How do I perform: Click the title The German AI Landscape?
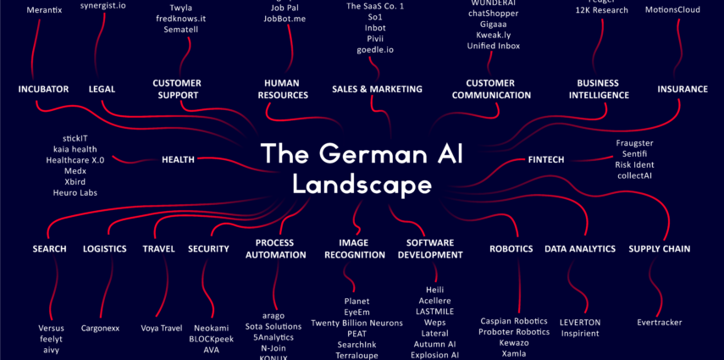click(x=362, y=168)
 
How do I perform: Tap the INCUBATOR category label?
click(x=43, y=89)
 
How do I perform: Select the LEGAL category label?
click(x=102, y=89)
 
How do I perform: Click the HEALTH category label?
click(x=178, y=159)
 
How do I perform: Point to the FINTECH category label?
click(x=545, y=159)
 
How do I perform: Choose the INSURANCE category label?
click(x=683, y=89)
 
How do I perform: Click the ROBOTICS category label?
click(x=511, y=249)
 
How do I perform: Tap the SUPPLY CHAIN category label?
click(x=660, y=249)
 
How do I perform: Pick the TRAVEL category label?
click(x=158, y=249)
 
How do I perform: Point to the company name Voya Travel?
click(x=162, y=328)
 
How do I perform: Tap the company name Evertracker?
click(x=660, y=323)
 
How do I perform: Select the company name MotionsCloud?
click(x=672, y=10)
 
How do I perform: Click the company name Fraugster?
click(x=634, y=143)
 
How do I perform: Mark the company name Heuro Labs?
click(x=75, y=192)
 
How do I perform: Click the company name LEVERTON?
click(x=580, y=323)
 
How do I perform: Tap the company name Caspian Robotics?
click(x=514, y=321)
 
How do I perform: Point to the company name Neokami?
click(x=211, y=328)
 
